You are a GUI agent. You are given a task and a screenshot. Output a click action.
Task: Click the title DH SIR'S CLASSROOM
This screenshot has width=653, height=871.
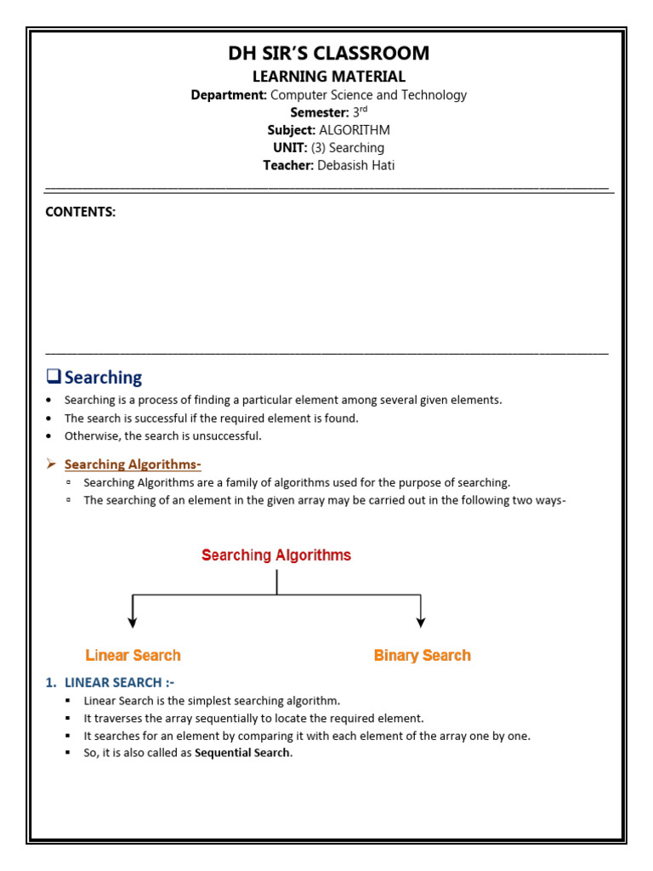tap(328, 54)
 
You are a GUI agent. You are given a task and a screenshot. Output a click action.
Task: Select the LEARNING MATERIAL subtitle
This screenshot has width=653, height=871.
tap(328, 77)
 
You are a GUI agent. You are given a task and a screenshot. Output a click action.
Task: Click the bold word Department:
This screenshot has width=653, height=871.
tap(229, 95)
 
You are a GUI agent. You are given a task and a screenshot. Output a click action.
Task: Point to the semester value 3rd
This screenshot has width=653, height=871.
tap(358, 112)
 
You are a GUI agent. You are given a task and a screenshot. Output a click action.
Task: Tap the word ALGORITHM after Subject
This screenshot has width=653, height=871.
tap(355, 130)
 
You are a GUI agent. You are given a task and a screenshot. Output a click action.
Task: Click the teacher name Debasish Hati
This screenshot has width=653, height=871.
tap(355, 165)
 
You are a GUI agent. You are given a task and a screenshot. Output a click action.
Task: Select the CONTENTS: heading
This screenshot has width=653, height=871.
tap(80, 213)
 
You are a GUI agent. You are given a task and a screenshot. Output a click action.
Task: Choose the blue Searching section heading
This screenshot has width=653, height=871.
tap(103, 377)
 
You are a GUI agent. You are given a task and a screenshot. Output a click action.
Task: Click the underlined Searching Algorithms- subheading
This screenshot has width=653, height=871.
tap(133, 464)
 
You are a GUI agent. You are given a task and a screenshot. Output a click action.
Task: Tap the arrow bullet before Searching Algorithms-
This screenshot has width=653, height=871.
tap(51, 464)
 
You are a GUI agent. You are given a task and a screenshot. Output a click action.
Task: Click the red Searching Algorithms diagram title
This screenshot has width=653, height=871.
tap(275, 555)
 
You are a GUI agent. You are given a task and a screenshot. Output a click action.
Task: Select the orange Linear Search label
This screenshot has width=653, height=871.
tap(133, 655)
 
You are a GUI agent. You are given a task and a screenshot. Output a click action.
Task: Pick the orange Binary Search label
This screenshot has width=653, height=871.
tap(422, 655)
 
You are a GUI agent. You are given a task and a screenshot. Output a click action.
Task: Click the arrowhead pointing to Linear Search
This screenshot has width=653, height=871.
tap(132, 623)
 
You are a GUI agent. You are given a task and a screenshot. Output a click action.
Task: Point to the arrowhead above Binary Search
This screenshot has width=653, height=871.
tap(421, 623)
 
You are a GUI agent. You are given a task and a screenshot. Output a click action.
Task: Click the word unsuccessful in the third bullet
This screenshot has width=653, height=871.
tap(230, 436)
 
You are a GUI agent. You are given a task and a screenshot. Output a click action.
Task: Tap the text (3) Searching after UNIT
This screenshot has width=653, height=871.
tap(348, 148)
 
